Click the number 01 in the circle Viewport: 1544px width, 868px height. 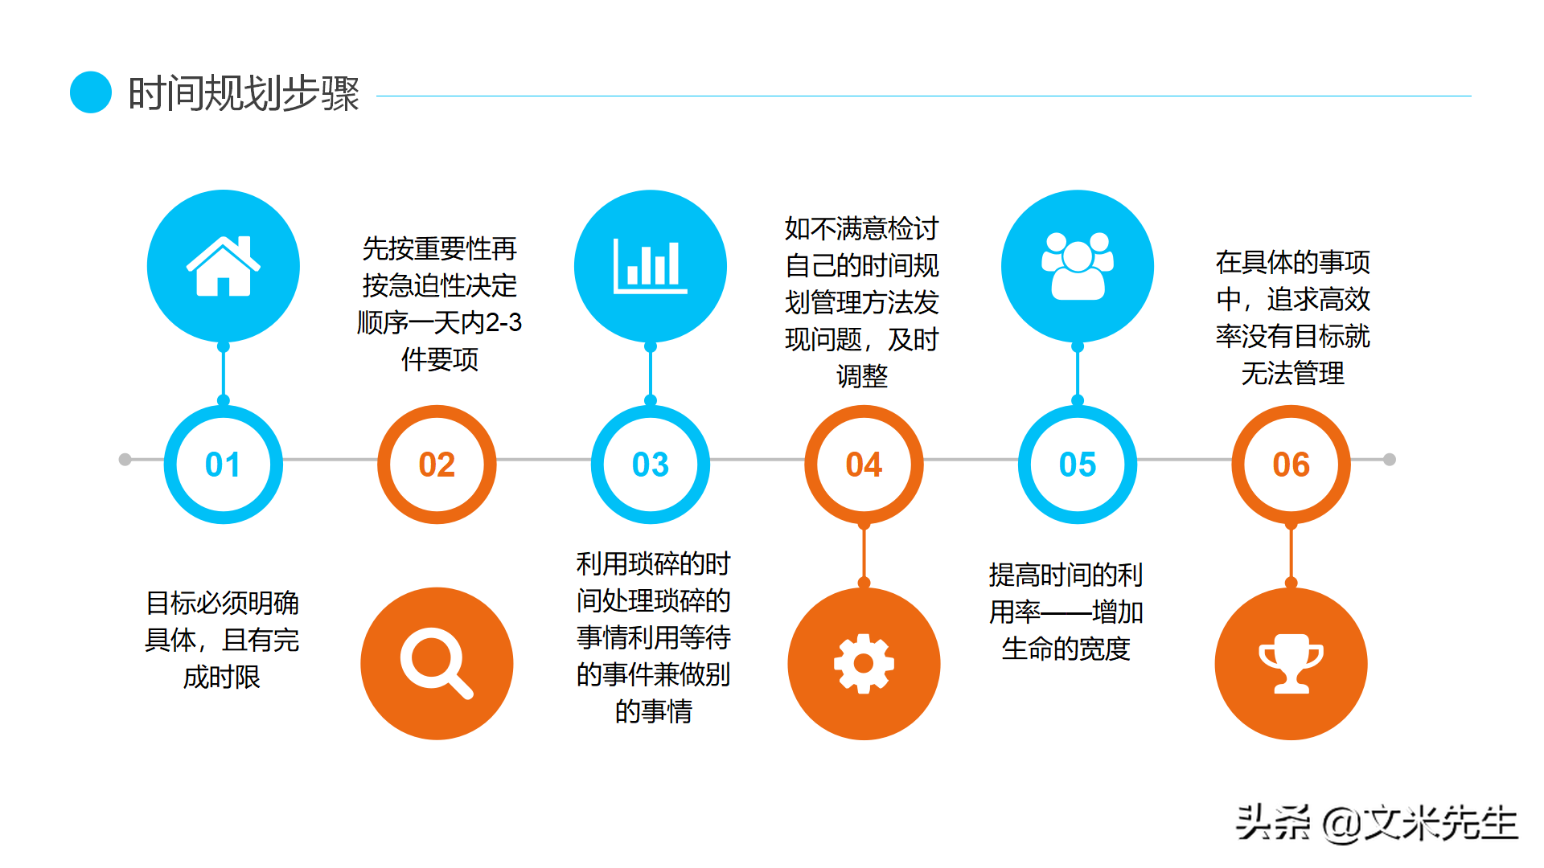[x=223, y=465]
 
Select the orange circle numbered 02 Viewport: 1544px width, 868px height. [x=437, y=465]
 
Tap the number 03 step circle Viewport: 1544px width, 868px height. [x=651, y=465]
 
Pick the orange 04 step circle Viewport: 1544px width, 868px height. [x=864, y=465]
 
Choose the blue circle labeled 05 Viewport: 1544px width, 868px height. [x=1078, y=465]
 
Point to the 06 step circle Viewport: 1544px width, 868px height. [x=1291, y=465]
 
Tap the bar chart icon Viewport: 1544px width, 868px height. [x=650, y=266]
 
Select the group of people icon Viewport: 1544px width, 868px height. [x=1078, y=266]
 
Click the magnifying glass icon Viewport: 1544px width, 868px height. [x=436, y=663]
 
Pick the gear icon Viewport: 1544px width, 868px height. [x=864, y=663]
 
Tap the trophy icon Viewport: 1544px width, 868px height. [x=1291, y=663]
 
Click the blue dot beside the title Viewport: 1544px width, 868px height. [x=91, y=92]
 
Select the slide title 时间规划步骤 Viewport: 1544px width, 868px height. [x=244, y=94]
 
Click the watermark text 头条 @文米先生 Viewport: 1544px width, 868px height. [x=1376, y=823]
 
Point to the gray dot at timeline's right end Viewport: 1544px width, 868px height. [x=1389, y=460]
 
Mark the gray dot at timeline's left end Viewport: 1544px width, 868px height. [x=125, y=460]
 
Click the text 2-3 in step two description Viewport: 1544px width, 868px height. [x=503, y=322]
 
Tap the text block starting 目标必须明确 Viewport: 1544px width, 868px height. [x=222, y=640]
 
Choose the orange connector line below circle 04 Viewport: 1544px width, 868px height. [x=864, y=555]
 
